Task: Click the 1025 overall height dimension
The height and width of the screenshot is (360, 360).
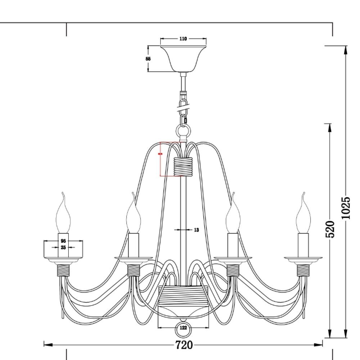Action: (345, 208)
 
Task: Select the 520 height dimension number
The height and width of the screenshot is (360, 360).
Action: (330, 229)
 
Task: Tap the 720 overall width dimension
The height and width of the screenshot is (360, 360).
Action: (184, 345)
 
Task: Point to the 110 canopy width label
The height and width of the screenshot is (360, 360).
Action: (183, 39)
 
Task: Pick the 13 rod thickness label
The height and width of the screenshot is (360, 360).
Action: (196, 230)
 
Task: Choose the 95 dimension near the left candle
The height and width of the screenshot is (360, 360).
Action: (63, 240)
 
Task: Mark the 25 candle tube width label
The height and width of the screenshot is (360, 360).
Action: (63, 247)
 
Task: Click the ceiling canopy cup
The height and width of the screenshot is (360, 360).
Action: (183, 58)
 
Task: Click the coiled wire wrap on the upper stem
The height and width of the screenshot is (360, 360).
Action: (183, 166)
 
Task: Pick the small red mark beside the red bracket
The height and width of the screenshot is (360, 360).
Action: (160, 154)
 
